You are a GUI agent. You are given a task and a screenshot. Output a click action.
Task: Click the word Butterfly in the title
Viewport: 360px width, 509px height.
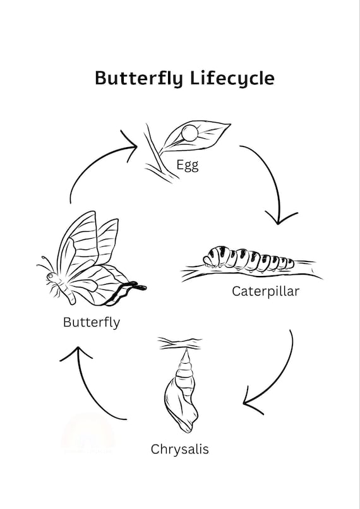pyautogui.click(x=139, y=78)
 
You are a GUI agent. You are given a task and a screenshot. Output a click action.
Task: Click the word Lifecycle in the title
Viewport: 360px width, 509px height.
pyautogui.click(x=232, y=78)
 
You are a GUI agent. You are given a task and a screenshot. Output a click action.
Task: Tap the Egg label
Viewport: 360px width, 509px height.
pyautogui.click(x=188, y=165)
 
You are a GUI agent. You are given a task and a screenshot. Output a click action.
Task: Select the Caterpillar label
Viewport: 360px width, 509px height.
pyautogui.click(x=265, y=291)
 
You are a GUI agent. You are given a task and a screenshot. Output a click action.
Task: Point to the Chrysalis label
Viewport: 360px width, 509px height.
pyautogui.click(x=179, y=450)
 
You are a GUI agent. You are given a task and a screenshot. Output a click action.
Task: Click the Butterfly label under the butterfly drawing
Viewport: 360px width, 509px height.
pyautogui.click(x=92, y=322)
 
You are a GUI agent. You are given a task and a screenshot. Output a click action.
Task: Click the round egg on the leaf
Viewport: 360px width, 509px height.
pyautogui.click(x=189, y=133)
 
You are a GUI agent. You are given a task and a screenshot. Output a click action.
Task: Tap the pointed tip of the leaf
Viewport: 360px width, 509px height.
pyautogui.click(x=230, y=124)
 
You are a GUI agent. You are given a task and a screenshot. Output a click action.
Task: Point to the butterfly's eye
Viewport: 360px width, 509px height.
pyautogui.click(x=50, y=276)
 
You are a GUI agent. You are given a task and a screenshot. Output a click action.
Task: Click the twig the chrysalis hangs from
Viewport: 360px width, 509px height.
pyautogui.click(x=179, y=344)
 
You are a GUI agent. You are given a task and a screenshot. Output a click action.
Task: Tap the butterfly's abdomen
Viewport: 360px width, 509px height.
pyautogui.click(x=69, y=294)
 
